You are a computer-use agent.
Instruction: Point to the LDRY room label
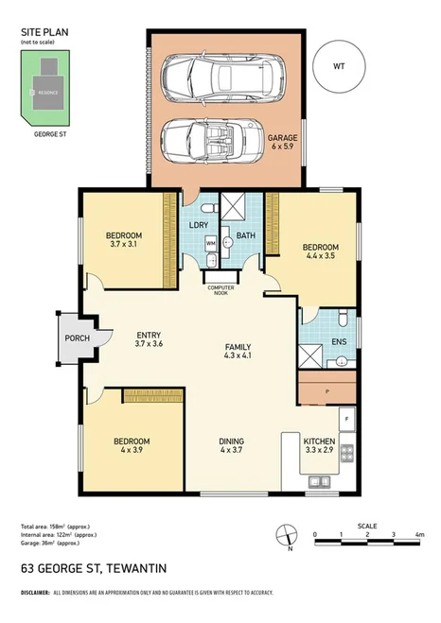tap(199, 225)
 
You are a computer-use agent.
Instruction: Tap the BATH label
tap(246, 234)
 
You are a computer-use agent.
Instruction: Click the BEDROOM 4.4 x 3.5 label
tap(321, 252)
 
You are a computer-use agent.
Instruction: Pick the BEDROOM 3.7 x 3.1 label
tap(123, 240)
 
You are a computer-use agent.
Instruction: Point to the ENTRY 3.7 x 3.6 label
tap(150, 339)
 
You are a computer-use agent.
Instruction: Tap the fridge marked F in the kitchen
tap(346, 417)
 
